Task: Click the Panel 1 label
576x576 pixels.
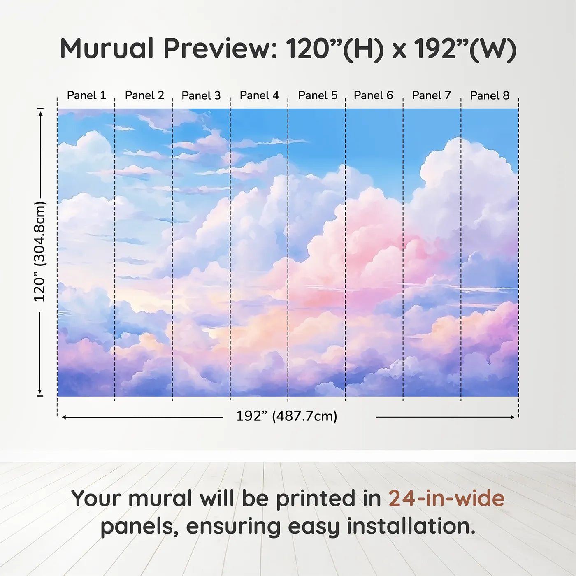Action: point(86,95)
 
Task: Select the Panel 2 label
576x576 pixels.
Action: point(145,95)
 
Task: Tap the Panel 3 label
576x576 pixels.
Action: point(201,95)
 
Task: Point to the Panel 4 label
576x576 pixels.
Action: point(259,95)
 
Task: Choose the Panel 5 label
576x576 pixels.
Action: point(318,95)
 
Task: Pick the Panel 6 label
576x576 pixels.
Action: point(373,95)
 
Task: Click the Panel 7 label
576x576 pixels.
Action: point(431,95)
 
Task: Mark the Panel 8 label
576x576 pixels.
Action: point(490,95)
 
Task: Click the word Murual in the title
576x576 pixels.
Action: point(107,49)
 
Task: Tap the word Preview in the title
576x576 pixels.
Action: point(221,49)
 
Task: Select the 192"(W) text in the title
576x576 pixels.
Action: point(465,49)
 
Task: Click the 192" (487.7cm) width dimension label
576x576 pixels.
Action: point(287,416)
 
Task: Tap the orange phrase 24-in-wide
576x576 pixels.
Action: point(446,498)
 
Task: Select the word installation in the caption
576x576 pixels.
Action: point(411,526)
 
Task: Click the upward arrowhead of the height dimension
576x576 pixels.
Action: point(41,113)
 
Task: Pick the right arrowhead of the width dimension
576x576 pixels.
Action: point(512,417)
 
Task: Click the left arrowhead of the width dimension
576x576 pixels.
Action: point(64,417)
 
